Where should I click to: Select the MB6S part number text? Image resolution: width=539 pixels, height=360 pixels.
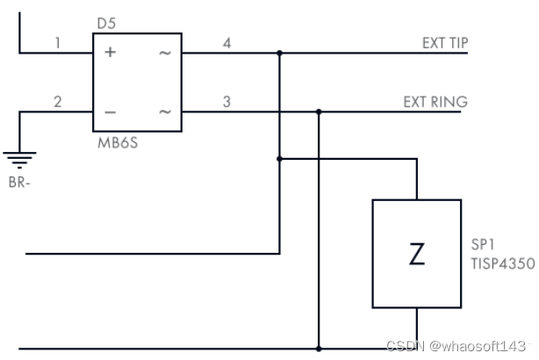(x=118, y=140)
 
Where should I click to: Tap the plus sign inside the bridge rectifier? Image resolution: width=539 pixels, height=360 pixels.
(x=110, y=53)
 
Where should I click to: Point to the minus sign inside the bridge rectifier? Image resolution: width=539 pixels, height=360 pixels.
(x=110, y=112)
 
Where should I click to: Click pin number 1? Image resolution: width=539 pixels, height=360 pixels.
(x=58, y=42)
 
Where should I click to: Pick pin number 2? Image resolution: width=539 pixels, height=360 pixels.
(x=58, y=102)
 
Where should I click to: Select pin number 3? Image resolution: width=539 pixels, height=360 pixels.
(x=226, y=102)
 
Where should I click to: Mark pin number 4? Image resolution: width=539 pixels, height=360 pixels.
(x=226, y=42)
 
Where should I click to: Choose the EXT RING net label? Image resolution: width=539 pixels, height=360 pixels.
(x=435, y=102)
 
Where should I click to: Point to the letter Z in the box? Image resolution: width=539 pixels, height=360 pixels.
(x=417, y=255)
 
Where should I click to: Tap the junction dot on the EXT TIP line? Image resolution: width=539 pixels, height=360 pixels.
(x=279, y=53)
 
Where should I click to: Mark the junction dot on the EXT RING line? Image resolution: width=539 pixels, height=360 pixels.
(x=319, y=112)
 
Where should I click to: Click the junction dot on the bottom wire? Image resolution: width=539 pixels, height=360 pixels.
(x=319, y=349)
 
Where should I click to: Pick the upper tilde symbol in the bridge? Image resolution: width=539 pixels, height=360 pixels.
(x=164, y=53)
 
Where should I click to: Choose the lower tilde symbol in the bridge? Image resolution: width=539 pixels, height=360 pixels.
(x=164, y=112)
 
